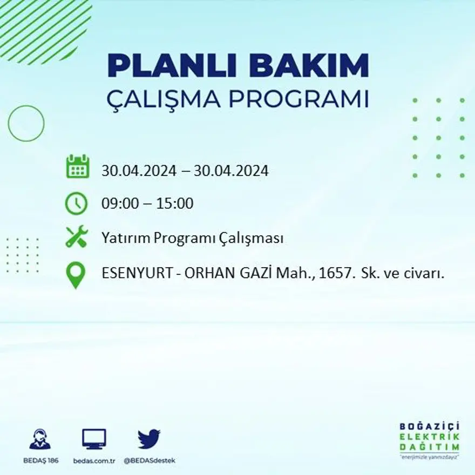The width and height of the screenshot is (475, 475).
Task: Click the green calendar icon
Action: click(x=77, y=167)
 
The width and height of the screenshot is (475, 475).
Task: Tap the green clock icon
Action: click(x=77, y=203)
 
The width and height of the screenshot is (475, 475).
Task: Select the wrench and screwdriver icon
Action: click(x=77, y=237)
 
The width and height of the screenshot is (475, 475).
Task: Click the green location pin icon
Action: click(x=77, y=275)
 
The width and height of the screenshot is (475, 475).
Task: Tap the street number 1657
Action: click(x=334, y=274)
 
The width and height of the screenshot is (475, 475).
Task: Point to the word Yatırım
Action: click(x=125, y=238)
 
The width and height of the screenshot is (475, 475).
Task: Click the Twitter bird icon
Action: click(x=149, y=438)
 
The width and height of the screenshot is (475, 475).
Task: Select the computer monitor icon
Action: click(x=94, y=439)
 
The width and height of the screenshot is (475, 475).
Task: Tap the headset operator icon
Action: click(x=40, y=439)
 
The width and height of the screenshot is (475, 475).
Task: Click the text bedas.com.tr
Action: click(x=94, y=460)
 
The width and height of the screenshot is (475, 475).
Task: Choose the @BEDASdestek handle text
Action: click(x=149, y=460)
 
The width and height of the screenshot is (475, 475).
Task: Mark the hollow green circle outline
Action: click(x=26, y=124)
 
